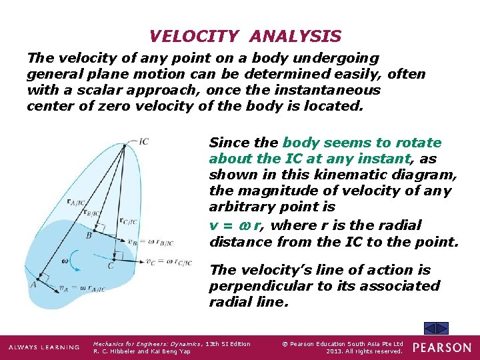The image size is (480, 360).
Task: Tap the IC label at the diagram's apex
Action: (x=144, y=141)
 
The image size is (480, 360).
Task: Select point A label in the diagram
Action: (x=33, y=285)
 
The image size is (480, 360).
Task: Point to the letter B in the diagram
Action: (x=89, y=235)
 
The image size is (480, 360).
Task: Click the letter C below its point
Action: (x=111, y=266)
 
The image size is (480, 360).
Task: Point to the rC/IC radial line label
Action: (x=129, y=221)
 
